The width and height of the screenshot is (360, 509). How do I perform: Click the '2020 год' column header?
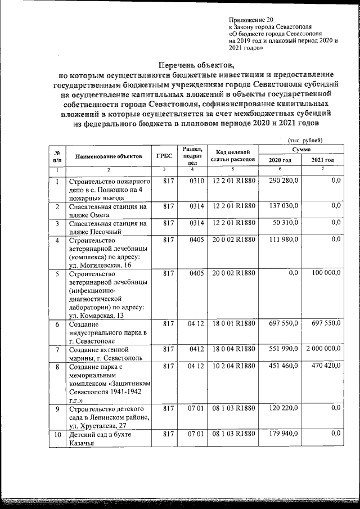tap(280, 160)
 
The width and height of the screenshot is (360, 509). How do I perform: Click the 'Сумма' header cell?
tap(301, 150)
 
